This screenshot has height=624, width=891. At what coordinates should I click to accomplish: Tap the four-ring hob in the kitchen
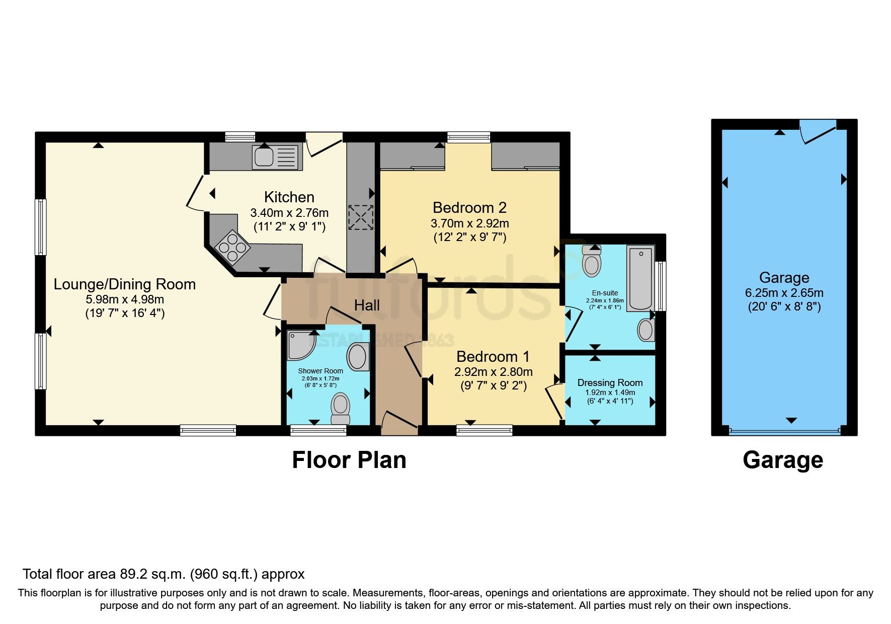232,248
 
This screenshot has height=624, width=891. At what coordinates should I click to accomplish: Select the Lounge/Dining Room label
125,284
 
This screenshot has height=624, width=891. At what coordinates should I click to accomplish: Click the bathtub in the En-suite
640,278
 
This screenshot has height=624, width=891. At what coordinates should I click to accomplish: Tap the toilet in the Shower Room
341,408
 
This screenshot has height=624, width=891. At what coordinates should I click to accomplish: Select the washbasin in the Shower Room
357,356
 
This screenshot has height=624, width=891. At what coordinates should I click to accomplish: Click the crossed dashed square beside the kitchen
361,217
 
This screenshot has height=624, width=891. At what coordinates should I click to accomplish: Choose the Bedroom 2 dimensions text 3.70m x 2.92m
469,223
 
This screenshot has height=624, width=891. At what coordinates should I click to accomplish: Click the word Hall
367,305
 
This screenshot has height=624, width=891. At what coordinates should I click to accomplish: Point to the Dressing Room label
610,383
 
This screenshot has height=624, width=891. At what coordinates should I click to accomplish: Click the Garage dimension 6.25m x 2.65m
784,292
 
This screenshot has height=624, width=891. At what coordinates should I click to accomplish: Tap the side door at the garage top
818,131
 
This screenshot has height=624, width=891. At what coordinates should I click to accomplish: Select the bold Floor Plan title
349,460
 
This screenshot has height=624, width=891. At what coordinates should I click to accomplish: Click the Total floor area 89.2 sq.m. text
164,574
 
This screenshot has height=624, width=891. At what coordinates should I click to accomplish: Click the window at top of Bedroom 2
468,137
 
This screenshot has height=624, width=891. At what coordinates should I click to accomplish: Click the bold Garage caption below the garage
783,460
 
